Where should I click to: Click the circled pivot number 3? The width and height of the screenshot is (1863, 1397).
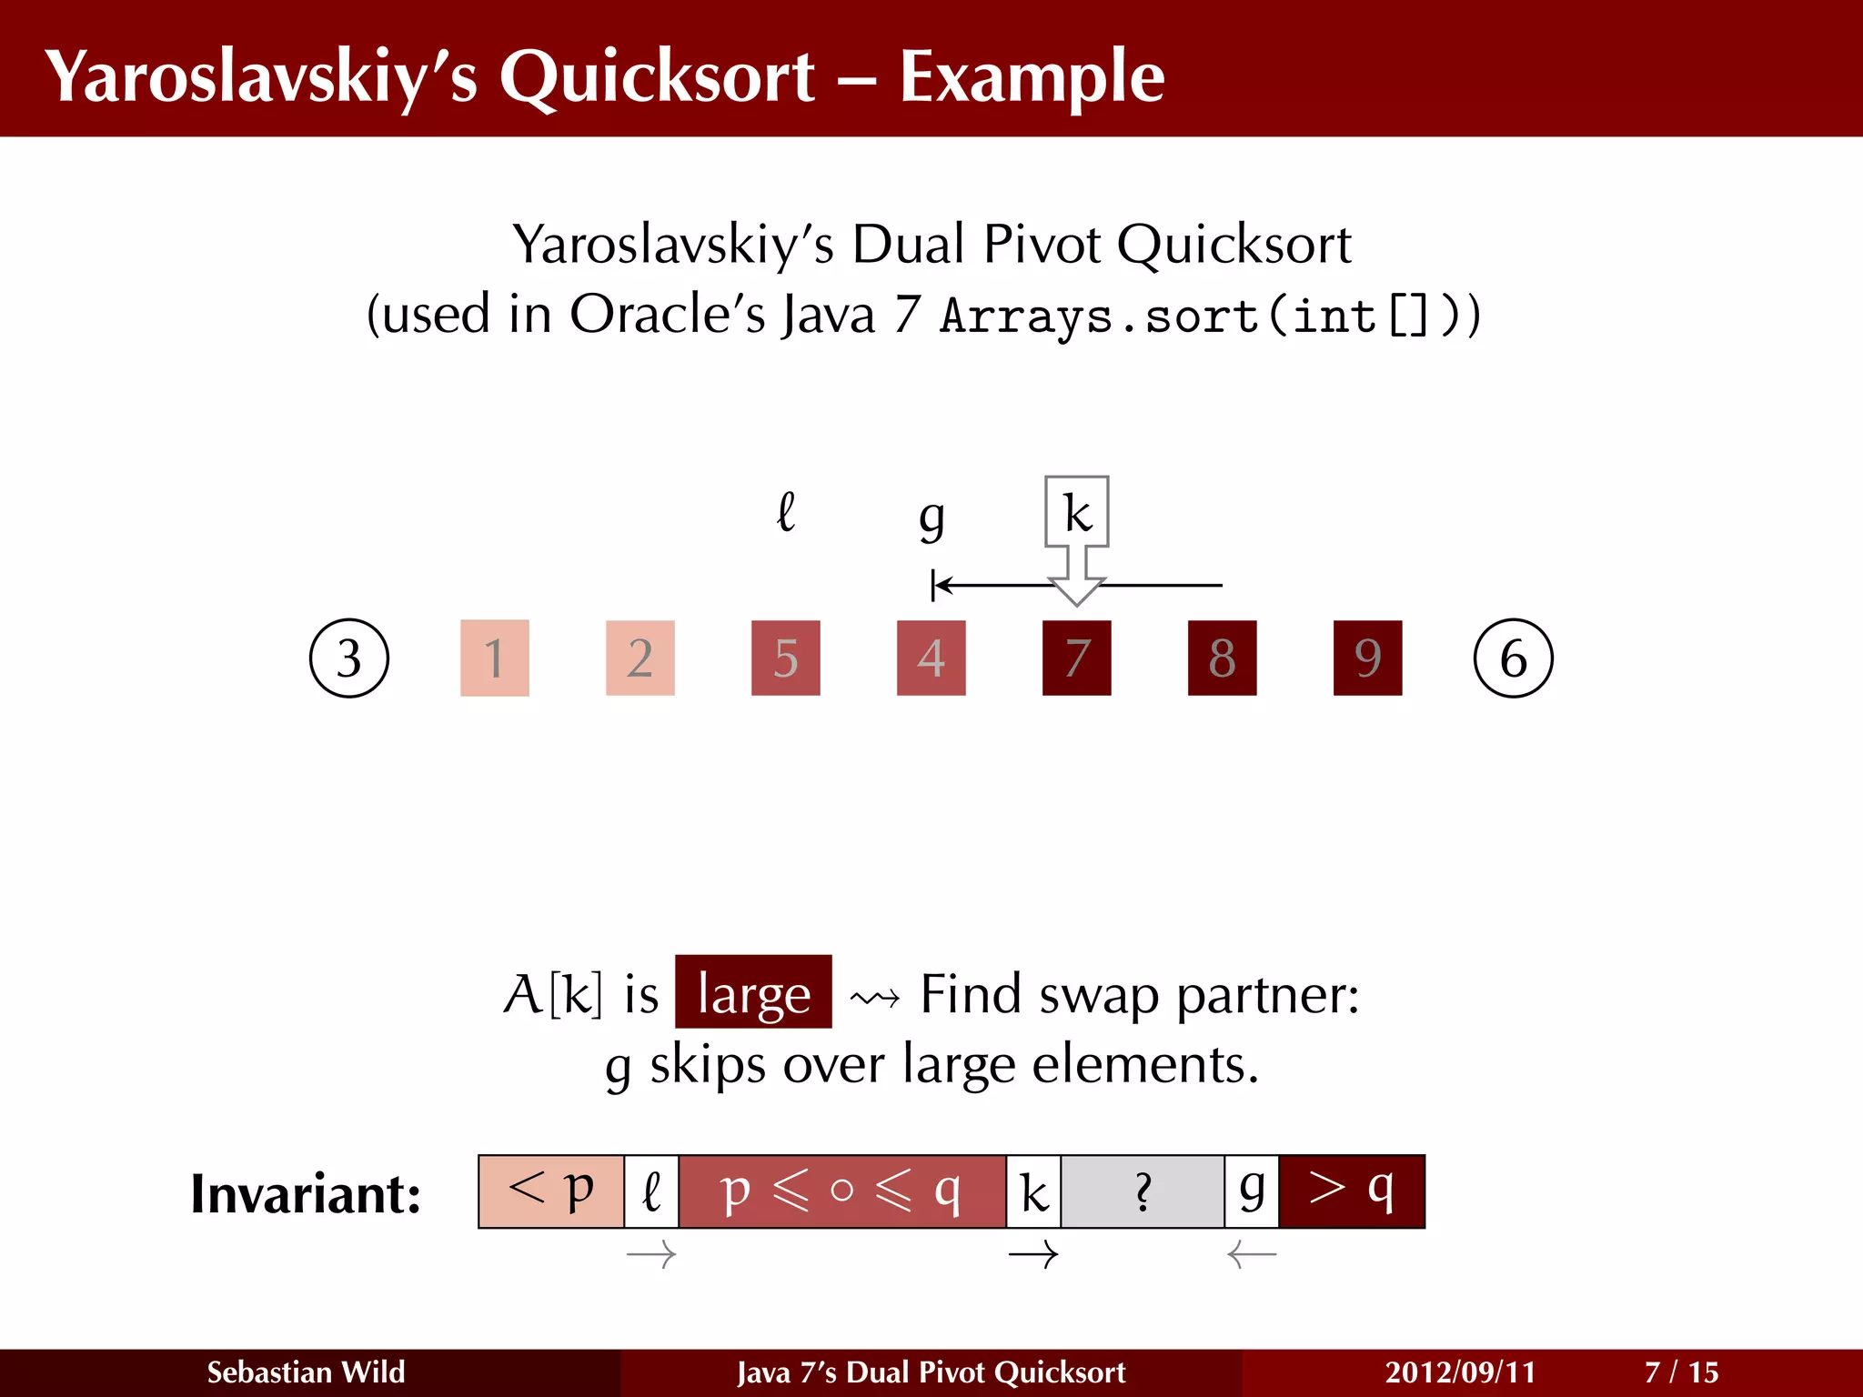tap(349, 658)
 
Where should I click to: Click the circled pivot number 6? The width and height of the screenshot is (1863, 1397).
tap(1513, 658)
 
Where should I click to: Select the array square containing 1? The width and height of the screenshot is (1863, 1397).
tap(495, 658)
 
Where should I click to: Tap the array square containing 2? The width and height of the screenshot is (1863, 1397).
tap(640, 658)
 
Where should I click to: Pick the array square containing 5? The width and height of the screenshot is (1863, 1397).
tap(786, 658)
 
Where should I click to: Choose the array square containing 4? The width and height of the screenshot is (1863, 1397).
tap(931, 658)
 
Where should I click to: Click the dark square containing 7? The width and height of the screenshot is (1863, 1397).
tap(1077, 658)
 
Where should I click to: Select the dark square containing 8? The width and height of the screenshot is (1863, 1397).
tap(1223, 658)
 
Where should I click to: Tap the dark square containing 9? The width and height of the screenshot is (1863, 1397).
tap(1368, 658)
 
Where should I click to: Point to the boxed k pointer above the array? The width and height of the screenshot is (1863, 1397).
tap(1077, 512)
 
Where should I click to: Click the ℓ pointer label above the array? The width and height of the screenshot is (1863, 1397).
tap(786, 512)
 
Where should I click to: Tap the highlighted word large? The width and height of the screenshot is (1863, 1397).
tap(753, 992)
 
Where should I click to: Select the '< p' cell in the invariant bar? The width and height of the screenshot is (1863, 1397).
tap(551, 1191)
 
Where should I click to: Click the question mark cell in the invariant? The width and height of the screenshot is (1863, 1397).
tap(1143, 1191)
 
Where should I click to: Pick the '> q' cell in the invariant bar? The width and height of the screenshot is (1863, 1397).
tap(1352, 1191)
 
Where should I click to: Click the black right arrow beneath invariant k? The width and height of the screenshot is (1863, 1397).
tap(1033, 1255)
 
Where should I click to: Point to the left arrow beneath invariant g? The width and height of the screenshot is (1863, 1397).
tap(1252, 1255)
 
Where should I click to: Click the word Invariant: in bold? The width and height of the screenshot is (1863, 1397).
tap(306, 1193)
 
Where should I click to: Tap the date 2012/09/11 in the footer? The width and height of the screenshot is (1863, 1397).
tap(1460, 1372)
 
